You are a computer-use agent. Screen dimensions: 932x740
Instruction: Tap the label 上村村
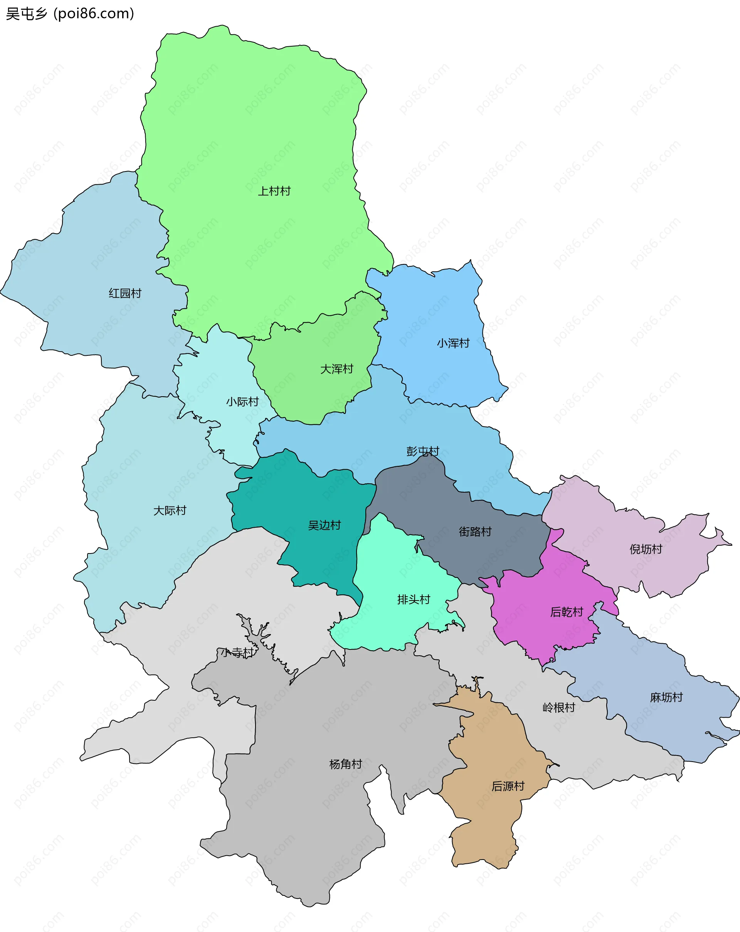pyautogui.click(x=274, y=191)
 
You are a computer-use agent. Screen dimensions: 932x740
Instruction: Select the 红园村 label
pyautogui.click(x=125, y=294)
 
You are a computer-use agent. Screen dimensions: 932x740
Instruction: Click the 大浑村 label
pyautogui.click(x=337, y=369)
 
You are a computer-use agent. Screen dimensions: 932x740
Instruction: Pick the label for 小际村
pyautogui.click(x=242, y=402)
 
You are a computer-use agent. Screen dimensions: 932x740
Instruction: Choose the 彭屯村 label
pyautogui.click(x=423, y=451)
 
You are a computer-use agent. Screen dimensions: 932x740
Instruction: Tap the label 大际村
pyautogui.click(x=170, y=511)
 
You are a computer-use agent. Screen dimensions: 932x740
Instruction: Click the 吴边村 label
pyautogui.click(x=325, y=525)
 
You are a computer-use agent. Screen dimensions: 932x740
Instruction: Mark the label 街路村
pyautogui.click(x=475, y=532)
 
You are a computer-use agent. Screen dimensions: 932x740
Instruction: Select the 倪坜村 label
pyautogui.click(x=646, y=549)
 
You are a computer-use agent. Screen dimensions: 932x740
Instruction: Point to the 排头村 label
pyautogui.click(x=414, y=600)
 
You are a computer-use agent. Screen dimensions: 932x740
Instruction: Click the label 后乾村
pyautogui.click(x=567, y=612)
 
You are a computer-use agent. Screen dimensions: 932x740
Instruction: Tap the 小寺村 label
pyautogui.click(x=237, y=652)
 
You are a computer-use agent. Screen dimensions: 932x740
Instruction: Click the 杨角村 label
pyautogui.click(x=345, y=764)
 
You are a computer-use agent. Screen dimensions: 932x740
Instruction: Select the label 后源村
pyautogui.click(x=508, y=786)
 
